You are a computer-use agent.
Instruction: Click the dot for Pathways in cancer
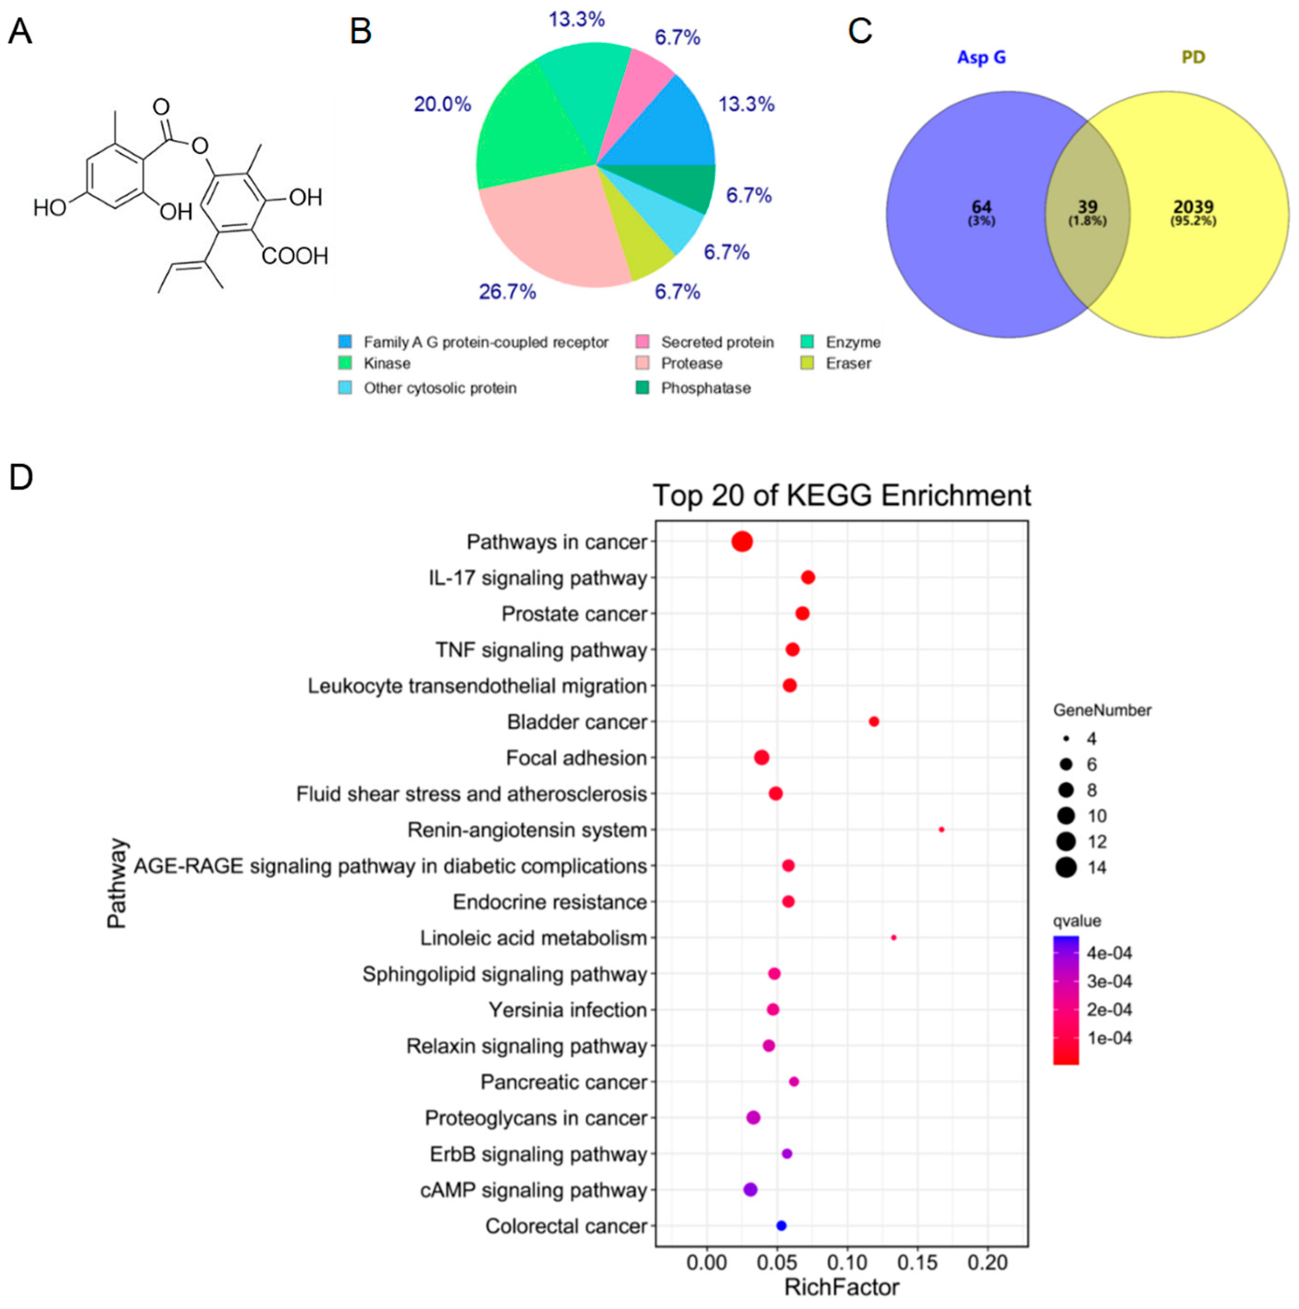[x=741, y=542]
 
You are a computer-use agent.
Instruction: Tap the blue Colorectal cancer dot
[x=781, y=1226]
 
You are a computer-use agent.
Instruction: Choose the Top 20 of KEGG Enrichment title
[x=841, y=495]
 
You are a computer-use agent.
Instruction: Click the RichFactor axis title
[x=841, y=1287]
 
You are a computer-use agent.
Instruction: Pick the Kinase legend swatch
[x=345, y=364]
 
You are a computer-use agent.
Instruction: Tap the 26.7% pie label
[x=508, y=292]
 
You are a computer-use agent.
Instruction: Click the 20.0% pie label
[x=442, y=104]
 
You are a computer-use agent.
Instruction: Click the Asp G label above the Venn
[x=981, y=58]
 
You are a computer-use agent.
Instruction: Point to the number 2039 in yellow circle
[x=1193, y=207]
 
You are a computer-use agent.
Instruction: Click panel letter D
[x=21, y=478]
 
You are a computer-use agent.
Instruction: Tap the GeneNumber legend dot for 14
[x=1066, y=867]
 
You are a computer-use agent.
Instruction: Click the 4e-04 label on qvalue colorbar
[x=1109, y=953]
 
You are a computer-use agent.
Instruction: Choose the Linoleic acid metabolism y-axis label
[x=533, y=938]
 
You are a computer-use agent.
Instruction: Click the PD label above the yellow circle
[x=1193, y=58]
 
